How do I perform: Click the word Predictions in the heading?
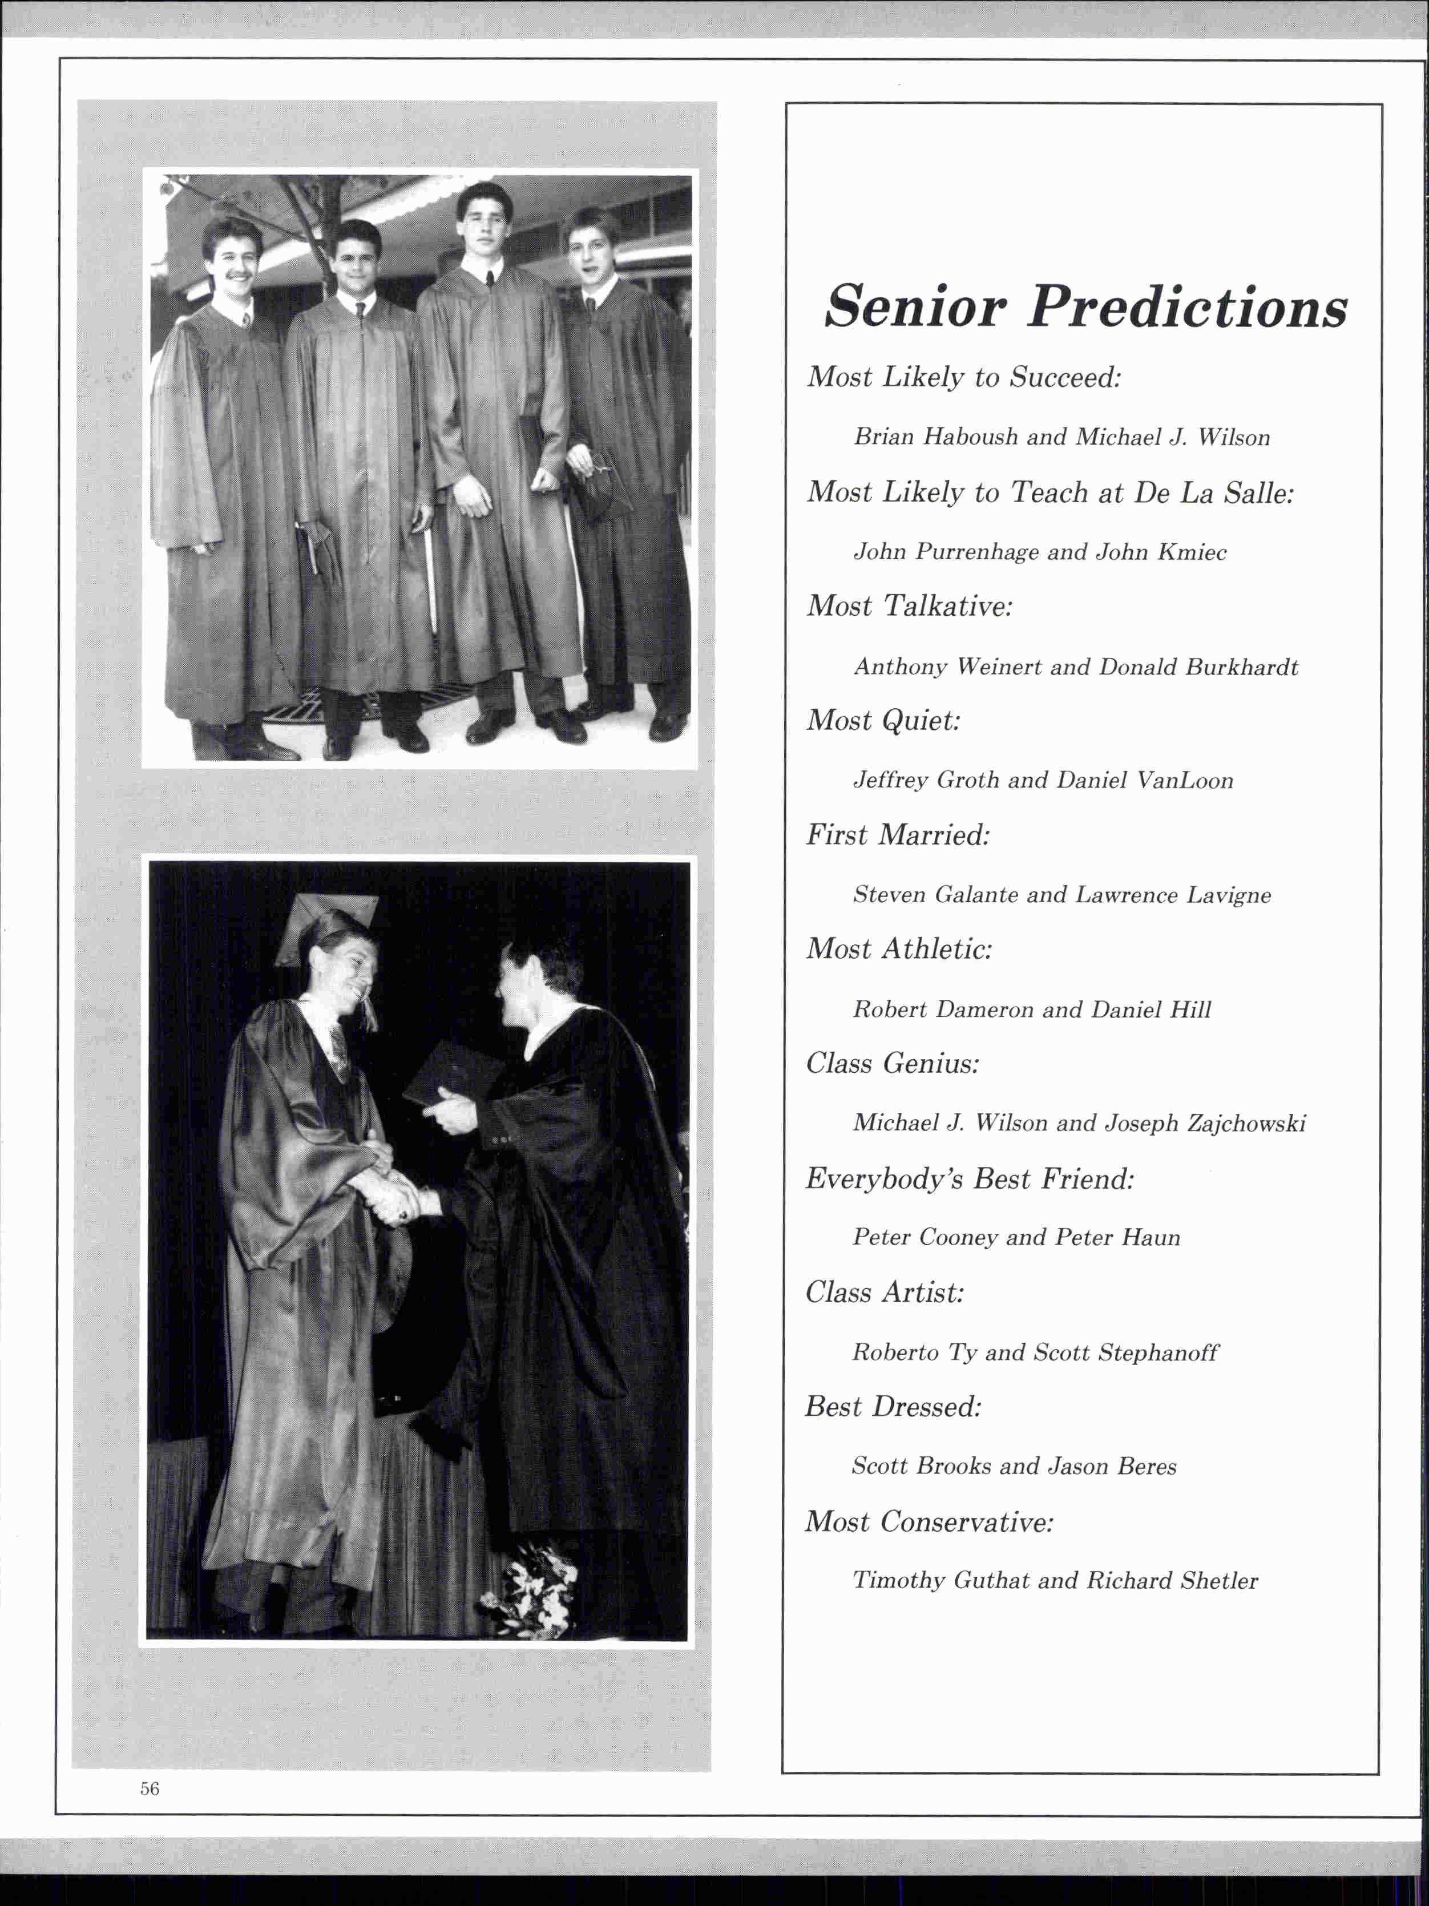point(1188,307)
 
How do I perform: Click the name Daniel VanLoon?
point(1145,781)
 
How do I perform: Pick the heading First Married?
point(898,834)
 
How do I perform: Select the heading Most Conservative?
point(929,1522)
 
